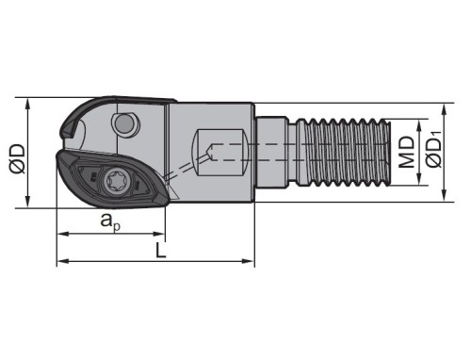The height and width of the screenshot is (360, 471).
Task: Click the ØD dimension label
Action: (17, 158)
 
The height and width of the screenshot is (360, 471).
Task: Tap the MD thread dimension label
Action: (407, 152)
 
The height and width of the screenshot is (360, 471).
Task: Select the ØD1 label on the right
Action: (433, 149)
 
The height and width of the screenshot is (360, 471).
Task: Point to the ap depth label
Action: (110, 221)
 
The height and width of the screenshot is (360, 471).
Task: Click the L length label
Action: (161, 251)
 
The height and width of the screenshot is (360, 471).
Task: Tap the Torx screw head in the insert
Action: (115, 181)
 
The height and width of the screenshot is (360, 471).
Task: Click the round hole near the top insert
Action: (125, 124)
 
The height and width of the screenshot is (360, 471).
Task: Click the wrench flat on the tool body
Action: (221, 153)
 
